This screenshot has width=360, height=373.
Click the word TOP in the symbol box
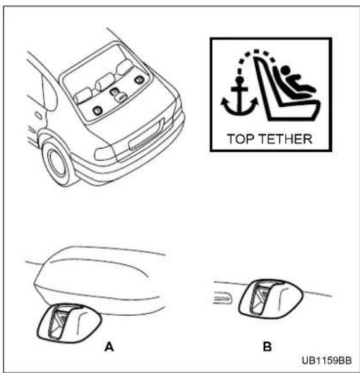[241, 139]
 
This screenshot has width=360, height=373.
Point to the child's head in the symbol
[285, 70]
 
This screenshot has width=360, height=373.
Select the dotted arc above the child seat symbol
[256, 52]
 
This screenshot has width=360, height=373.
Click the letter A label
[109, 347]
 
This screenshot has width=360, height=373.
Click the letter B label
[268, 346]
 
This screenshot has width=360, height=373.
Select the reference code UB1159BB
[327, 361]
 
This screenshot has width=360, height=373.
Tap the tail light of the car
[105, 153]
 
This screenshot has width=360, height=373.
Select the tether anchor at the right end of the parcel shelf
[139, 79]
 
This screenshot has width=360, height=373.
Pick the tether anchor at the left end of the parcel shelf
[97, 111]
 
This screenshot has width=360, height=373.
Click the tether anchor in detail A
[69, 323]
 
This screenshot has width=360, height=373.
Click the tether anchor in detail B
[271, 299]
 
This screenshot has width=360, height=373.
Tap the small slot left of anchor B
[223, 298]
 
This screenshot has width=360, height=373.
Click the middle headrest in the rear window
[104, 81]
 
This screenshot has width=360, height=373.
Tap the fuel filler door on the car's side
[38, 115]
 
